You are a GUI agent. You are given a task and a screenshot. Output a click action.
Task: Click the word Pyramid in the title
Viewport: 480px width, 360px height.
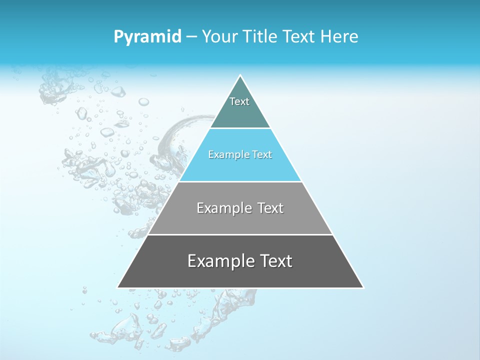coord(147,37)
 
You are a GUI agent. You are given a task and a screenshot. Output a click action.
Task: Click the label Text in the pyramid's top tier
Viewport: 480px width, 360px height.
coord(239,101)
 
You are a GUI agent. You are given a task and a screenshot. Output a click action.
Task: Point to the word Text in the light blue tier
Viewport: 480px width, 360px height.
coord(262,155)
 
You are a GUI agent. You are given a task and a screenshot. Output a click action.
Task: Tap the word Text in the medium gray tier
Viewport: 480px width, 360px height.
coord(270,208)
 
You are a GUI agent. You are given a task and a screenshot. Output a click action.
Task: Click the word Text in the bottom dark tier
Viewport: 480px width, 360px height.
coord(276,261)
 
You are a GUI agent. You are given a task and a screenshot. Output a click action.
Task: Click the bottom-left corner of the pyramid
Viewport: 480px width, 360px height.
coord(118,287)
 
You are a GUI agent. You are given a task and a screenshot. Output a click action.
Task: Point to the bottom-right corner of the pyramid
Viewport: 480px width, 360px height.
coord(363,287)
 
